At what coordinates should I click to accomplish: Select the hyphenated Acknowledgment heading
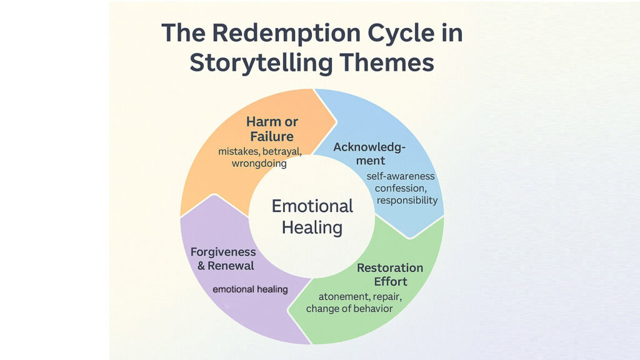tap(369, 154)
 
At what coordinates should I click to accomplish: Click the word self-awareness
tap(401, 176)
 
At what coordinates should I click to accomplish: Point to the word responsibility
tap(407, 201)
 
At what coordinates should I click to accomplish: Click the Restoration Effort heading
tap(389, 274)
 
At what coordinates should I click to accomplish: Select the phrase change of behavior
tap(349, 309)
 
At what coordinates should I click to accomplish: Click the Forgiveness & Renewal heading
tap(223, 259)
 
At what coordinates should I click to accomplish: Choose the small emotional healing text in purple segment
tap(250, 289)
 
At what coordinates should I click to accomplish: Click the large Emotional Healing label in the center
tap(312, 216)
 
